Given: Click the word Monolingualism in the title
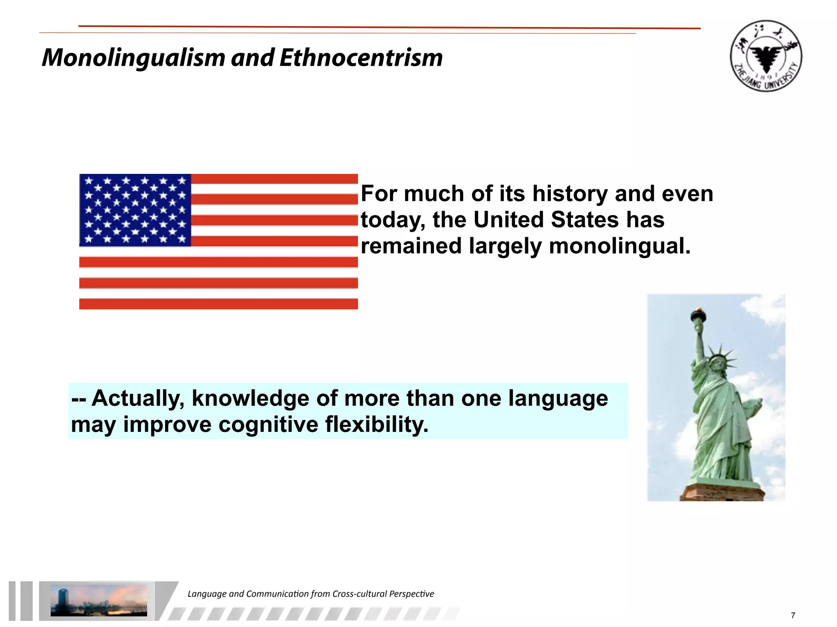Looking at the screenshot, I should tap(133, 58).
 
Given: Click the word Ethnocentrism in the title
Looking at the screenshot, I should tap(361, 58).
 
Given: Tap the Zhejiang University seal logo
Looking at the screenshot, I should tap(766, 56).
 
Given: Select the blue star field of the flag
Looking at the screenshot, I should tap(135, 210).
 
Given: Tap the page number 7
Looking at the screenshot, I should tap(793, 615).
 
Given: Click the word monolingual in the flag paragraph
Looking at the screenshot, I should tap(619, 246).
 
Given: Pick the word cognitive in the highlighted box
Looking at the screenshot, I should tap(268, 424).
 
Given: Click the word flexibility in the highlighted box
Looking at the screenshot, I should tap(377, 424).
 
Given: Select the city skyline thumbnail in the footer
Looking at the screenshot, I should tap(98, 600).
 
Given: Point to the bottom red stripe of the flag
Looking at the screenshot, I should tap(218, 304).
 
